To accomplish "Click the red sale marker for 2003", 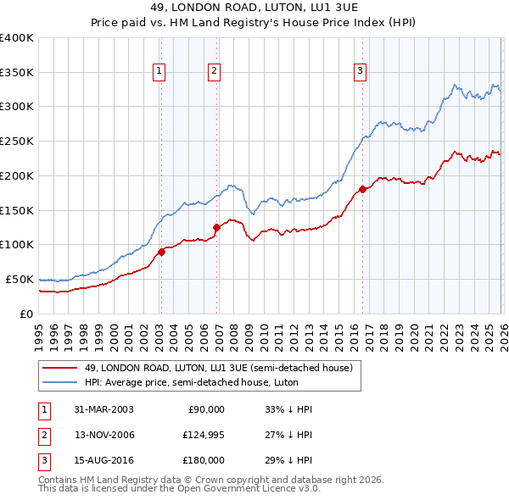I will click(161, 251).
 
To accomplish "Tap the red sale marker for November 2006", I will click(216, 227).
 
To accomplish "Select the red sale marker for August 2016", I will click(362, 189).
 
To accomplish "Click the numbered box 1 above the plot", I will click(159, 71).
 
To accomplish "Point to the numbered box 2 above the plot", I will click(214, 71).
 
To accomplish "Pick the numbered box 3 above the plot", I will click(360, 71).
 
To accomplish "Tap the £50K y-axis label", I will click(20, 279).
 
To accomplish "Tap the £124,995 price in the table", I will click(202, 435).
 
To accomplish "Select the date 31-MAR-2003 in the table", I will click(103, 409).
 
